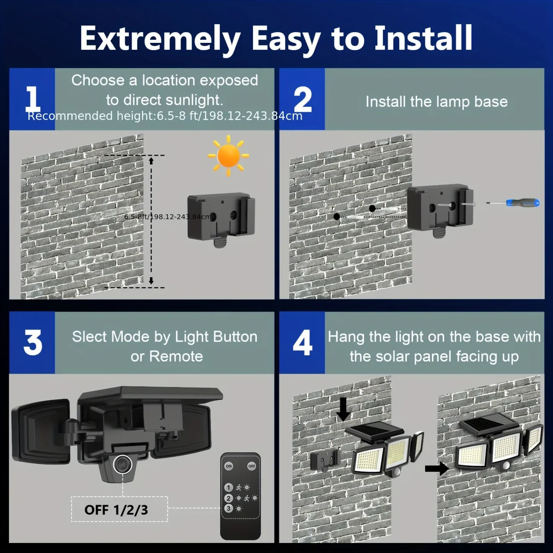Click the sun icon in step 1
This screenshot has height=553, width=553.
228,156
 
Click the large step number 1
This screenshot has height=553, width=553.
33,99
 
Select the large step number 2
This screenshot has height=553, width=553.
302,99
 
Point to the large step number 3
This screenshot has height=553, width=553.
33,343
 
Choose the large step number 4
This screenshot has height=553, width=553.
302,343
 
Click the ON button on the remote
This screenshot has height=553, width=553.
229,466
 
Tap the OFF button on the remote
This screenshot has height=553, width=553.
251,466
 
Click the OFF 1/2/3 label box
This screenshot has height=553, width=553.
119,509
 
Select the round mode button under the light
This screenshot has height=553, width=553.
122,464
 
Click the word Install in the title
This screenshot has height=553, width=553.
423,38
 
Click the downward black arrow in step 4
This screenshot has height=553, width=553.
343,409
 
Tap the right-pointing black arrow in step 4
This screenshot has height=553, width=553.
437,468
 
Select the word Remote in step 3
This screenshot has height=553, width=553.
176,356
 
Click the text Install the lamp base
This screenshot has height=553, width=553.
436,102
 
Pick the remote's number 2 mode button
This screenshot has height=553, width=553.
228,498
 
